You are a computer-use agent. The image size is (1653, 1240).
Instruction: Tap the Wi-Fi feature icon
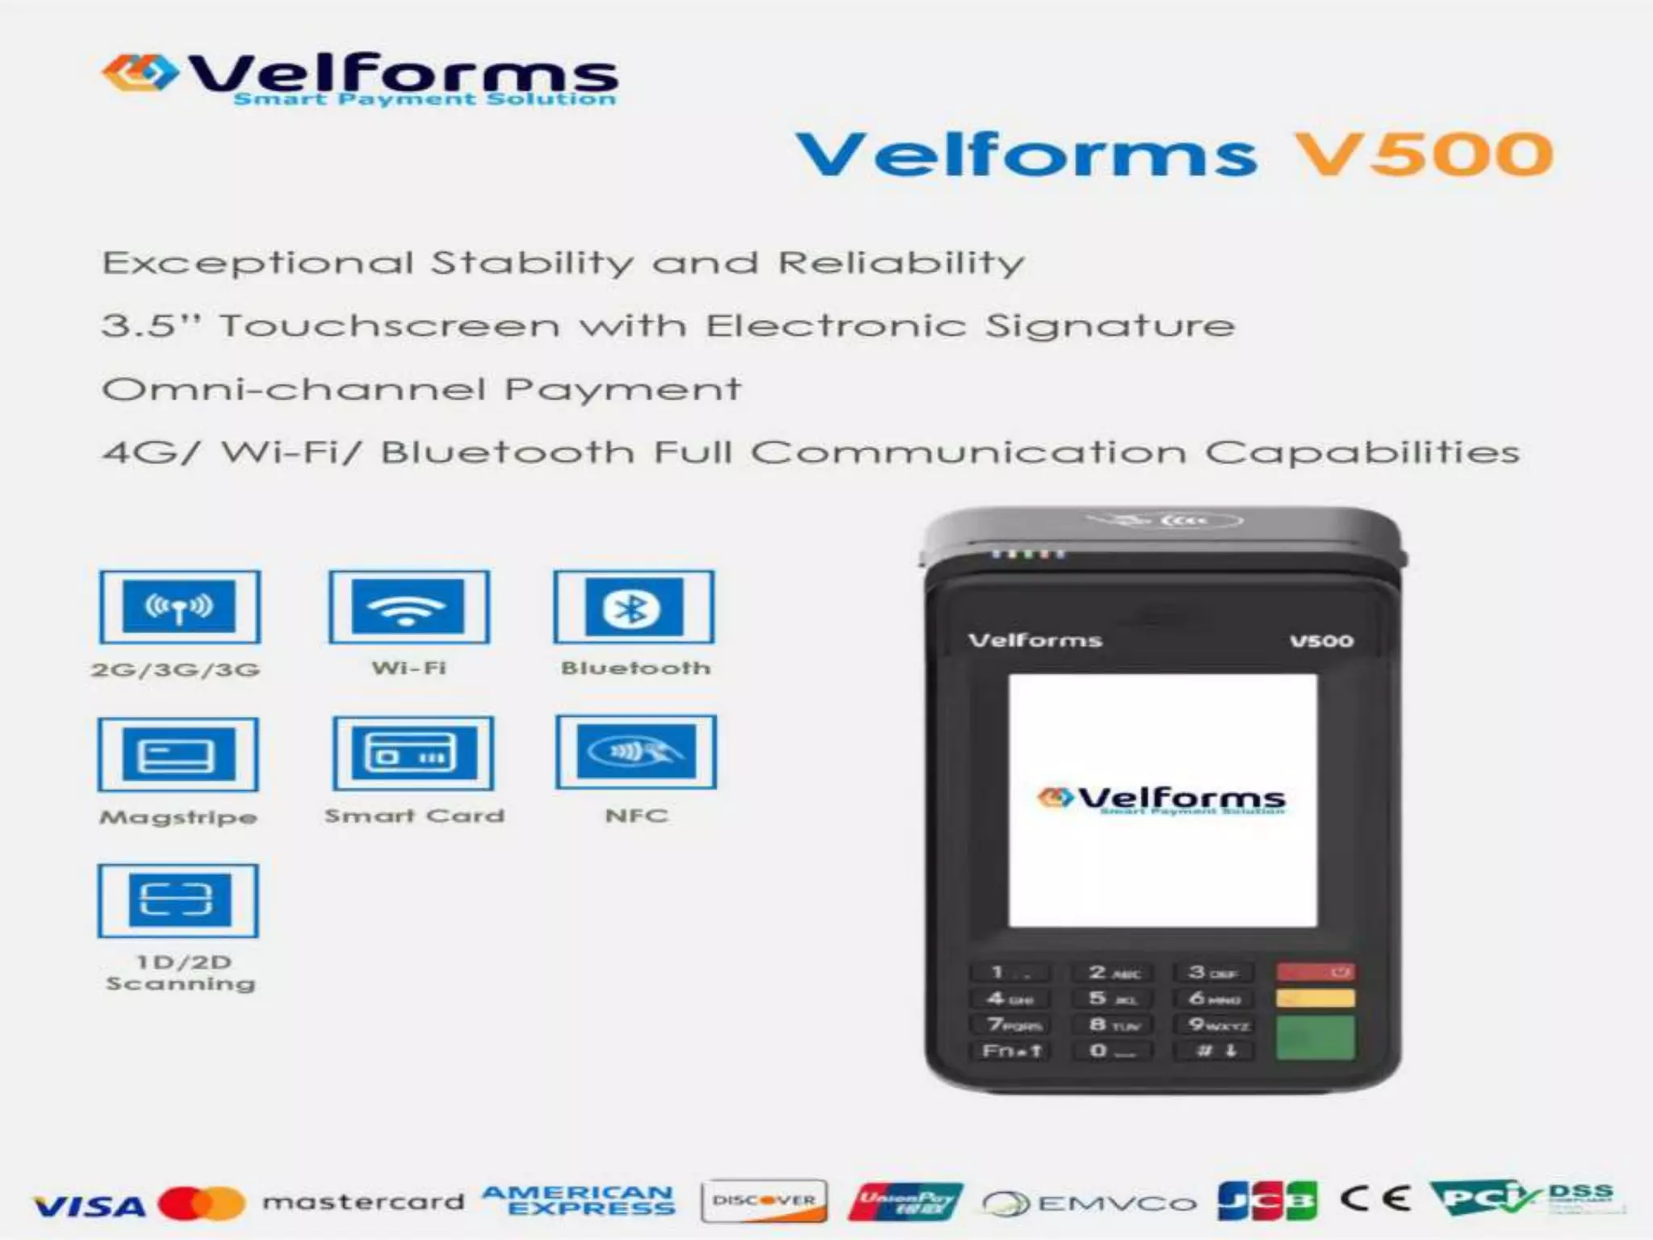[408, 607]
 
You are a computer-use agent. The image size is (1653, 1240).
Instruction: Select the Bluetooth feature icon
[634, 607]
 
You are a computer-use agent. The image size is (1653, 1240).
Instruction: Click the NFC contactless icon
[636, 752]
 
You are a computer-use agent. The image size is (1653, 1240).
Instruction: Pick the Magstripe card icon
[178, 755]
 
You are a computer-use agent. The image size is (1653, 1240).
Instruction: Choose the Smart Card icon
[412, 753]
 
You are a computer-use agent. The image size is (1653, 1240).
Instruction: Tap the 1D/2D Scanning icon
[178, 900]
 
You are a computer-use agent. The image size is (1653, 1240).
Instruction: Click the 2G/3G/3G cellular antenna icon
[179, 607]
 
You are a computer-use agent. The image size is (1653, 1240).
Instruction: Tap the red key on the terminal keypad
[1315, 972]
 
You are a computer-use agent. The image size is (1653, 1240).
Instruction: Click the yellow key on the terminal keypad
[1315, 999]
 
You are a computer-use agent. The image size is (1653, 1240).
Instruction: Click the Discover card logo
[764, 1200]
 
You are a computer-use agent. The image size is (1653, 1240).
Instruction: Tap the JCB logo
[1267, 1201]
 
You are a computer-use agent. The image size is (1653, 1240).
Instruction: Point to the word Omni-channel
[294, 390]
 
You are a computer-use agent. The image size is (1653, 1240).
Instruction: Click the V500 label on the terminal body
[1321, 641]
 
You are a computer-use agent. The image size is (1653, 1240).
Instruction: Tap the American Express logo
[578, 1200]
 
